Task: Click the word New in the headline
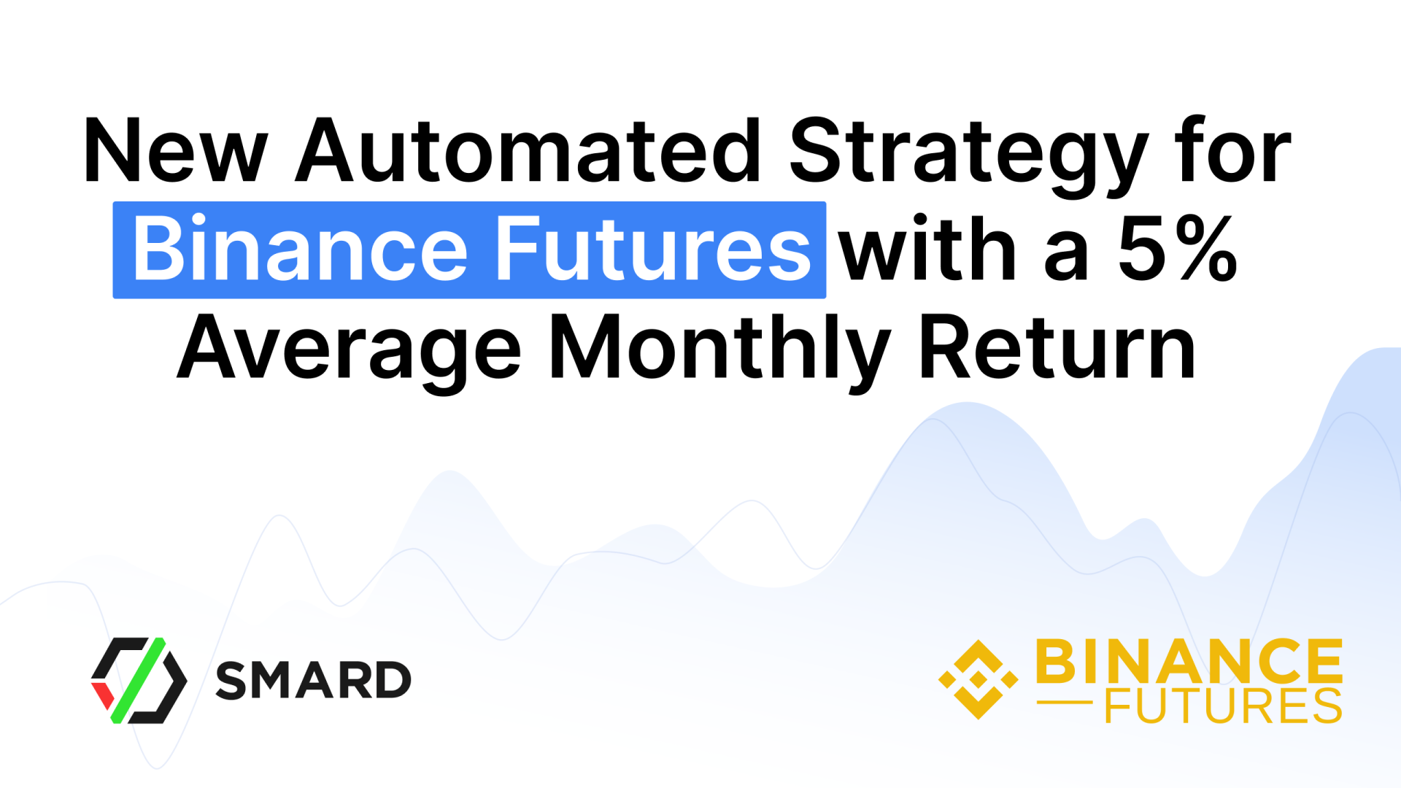pyautogui.click(x=176, y=150)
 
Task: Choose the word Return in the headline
pyautogui.click(x=1057, y=346)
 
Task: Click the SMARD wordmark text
pyautogui.click(x=314, y=680)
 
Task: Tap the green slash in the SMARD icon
pyautogui.click(x=139, y=680)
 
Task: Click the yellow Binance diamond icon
pyautogui.click(x=978, y=679)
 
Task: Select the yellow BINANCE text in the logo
pyautogui.click(x=1189, y=660)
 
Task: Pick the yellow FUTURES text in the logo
pyautogui.click(x=1224, y=705)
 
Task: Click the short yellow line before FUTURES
pyautogui.click(x=1065, y=703)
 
